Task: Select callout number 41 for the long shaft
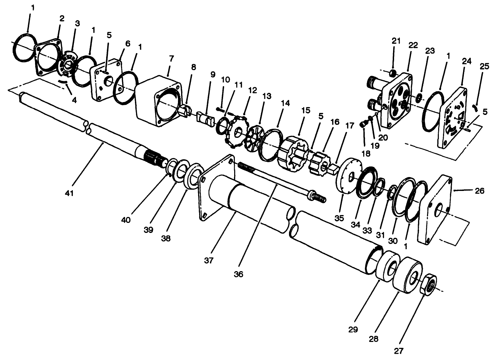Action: click(x=70, y=193)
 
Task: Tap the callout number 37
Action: click(x=208, y=260)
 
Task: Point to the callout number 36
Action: click(x=238, y=274)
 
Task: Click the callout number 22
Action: click(x=412, y=45)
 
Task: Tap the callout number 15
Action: click(x=306, y=110)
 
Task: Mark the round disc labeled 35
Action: click(x=348, y=177)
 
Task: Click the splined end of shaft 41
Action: click(x=156, y=158)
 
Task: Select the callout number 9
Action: click(x=213, y=74)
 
